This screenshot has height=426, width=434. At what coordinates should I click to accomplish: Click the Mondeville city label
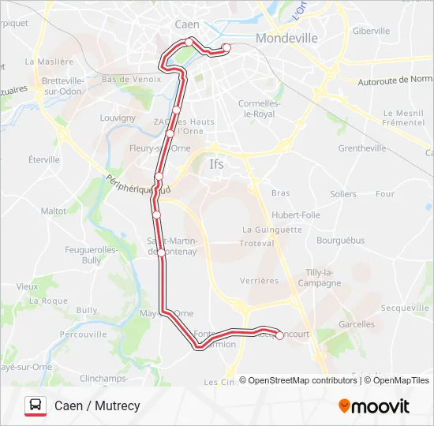287,38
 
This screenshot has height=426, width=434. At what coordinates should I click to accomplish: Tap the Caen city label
186,24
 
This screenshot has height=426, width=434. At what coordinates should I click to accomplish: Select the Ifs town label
216,165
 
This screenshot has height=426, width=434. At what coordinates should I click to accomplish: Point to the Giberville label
371,31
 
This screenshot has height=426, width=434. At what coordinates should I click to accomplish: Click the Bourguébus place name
339,239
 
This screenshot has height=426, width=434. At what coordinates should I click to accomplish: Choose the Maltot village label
54,211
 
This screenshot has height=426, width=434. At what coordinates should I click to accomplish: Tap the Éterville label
44,159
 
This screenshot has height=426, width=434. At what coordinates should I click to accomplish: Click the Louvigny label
118,119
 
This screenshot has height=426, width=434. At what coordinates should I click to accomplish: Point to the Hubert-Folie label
296,215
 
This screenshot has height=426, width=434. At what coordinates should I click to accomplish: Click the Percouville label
83,334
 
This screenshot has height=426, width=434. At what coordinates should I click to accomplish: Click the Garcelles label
357,324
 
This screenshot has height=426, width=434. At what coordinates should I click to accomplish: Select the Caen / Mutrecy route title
97,406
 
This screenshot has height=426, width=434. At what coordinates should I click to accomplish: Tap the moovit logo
374,406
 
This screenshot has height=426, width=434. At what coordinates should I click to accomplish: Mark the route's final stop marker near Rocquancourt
279,335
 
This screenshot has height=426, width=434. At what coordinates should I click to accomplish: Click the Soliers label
343,193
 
